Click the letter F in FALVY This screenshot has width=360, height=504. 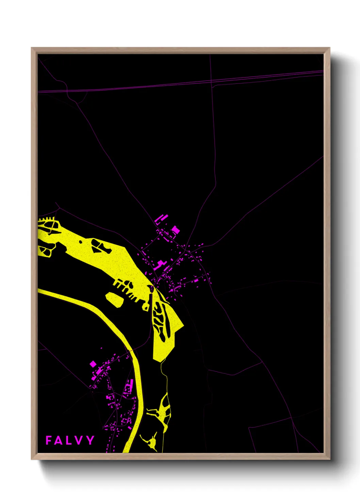pos(49,440)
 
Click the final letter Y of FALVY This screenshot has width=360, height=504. pos(90,440)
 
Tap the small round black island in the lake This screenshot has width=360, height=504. pos(80,242)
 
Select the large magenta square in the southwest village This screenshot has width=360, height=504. pos(93,364)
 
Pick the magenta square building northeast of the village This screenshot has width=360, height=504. pos(175,230)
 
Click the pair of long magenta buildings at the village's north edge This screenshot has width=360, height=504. pos(161,218)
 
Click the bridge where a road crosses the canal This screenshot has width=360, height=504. pos(130,350)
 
